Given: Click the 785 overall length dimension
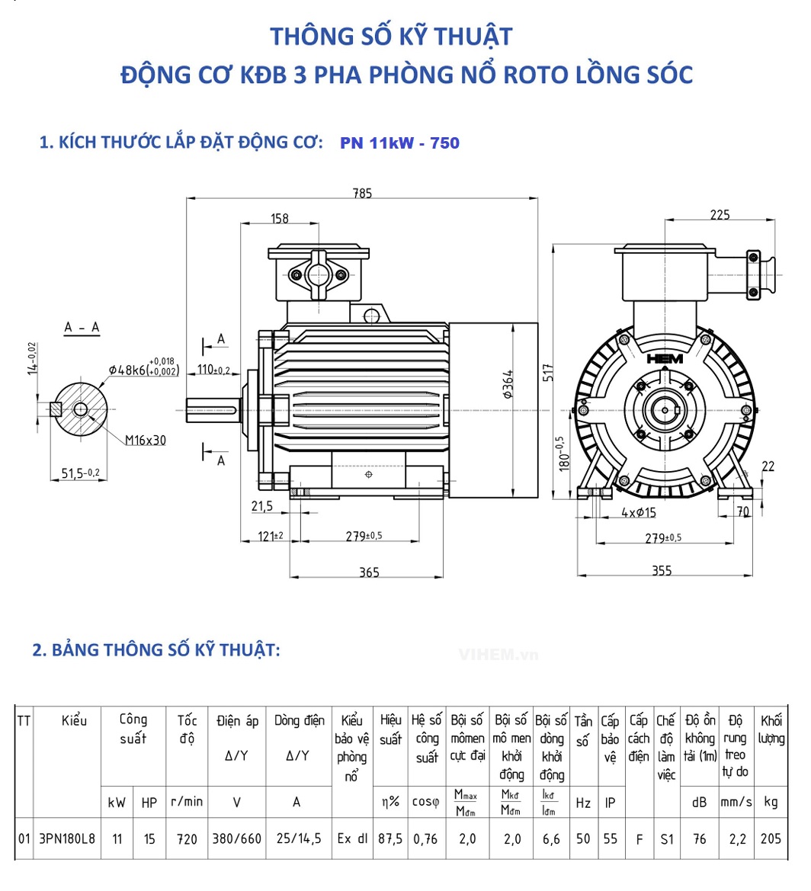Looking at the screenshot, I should (x=362, y=194).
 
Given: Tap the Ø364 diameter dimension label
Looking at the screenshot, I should (x=508, y=382).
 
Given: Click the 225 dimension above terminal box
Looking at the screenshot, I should (x=720, y=215).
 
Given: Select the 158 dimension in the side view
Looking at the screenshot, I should (x=280, y=219).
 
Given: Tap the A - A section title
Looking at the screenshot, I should (x=82, y=328).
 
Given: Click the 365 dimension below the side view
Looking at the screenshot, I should (x=369, y=572).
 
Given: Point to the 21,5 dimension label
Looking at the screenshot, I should (x=261, y=506).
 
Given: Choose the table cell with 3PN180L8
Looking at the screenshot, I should (x=68, y=839).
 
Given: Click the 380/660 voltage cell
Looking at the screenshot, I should (x=236, y=839).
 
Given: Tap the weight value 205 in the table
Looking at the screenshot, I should (x=771, y=839).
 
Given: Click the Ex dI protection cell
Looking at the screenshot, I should (x=352, y=839).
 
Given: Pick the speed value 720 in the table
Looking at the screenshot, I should (x=187, y=839).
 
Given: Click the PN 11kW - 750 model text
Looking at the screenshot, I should (x=400, y=143).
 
